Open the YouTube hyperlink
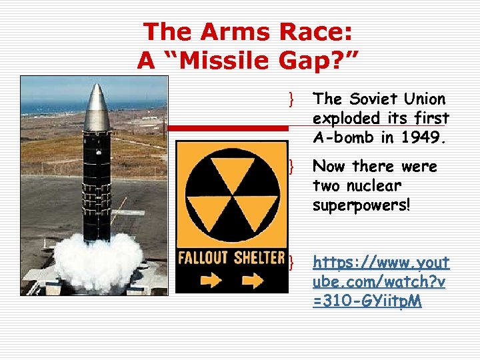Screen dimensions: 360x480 [x=380, y=281]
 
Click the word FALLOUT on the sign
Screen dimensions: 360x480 [x=203, y=257]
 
